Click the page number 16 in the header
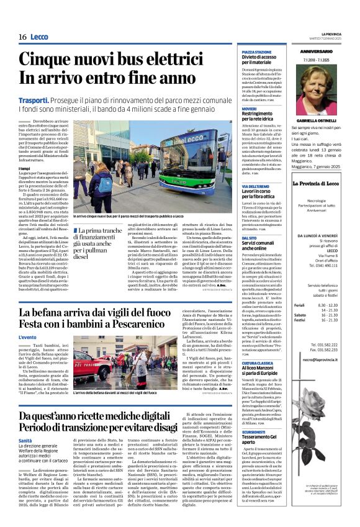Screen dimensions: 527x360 coord(22,37)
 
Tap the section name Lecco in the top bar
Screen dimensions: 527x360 coord(41,37)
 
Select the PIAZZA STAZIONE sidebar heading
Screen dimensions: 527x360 coord(256,53)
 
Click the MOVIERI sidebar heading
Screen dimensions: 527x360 coord(250,108)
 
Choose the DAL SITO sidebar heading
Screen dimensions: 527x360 coord(250,238)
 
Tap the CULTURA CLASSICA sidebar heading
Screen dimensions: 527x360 coord(260,363)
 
